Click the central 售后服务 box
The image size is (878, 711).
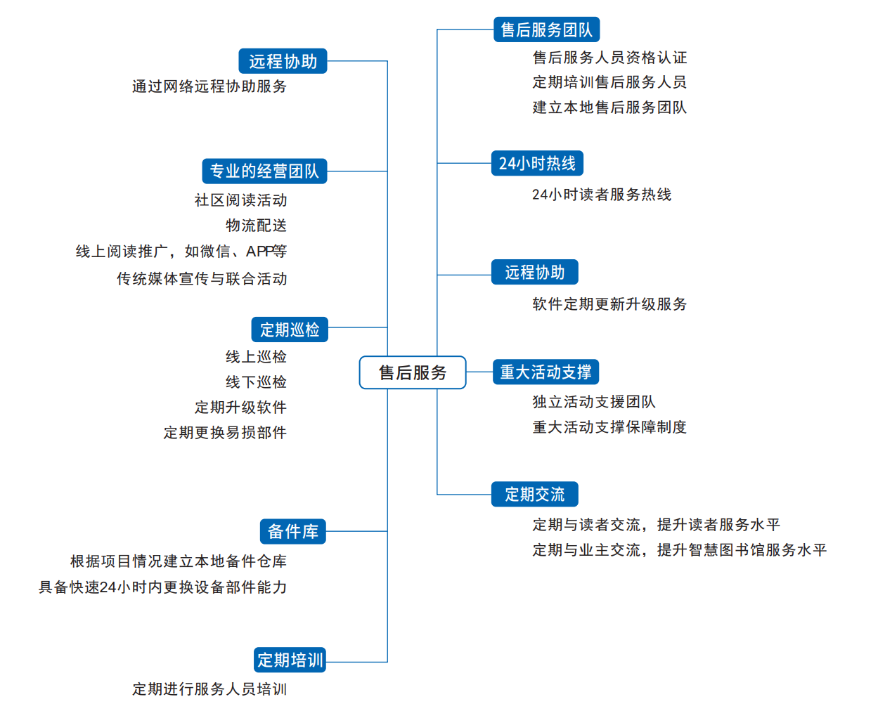tap(412, 372)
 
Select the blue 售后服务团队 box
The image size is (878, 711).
tap(546, 30)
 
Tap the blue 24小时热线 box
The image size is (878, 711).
tap(536, 163)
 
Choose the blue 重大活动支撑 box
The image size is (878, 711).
tap(545, 372)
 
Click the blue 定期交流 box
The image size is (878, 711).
tap(534, 494)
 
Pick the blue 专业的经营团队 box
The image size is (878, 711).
tap(264, 171)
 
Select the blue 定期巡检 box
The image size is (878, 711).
tap(290, 329)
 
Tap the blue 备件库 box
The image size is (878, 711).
tap(292, 531)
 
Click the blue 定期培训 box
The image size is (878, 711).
tap(290, 660)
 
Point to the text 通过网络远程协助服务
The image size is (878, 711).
tap(209, 86)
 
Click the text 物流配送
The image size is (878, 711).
tap(256, 226)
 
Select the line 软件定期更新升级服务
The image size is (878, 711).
tap(609, 304)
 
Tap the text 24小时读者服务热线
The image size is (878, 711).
tap(602, 195)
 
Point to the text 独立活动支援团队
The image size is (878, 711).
tap(593, 402)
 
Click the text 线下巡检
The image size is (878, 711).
tap(256, 382)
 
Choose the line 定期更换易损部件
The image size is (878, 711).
tap(225, 433)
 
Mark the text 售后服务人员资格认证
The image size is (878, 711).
tap(609, 57)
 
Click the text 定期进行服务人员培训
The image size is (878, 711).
tap(209, 689)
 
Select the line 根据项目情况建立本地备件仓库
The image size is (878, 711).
tap(179, 561)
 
